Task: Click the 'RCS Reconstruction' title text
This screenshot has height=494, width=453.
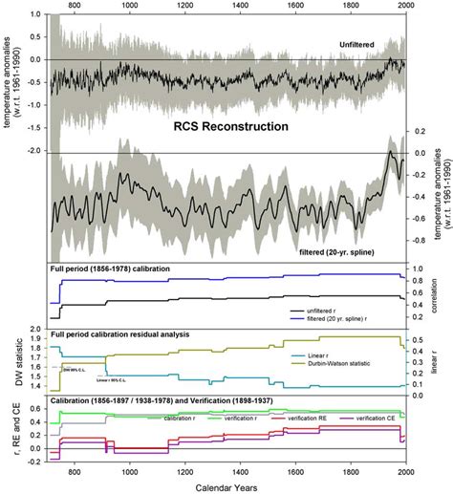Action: coord(226,125)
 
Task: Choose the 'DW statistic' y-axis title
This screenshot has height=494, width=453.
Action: coord(9,361)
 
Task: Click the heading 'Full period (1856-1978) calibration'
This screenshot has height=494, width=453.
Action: coord(110,269)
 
